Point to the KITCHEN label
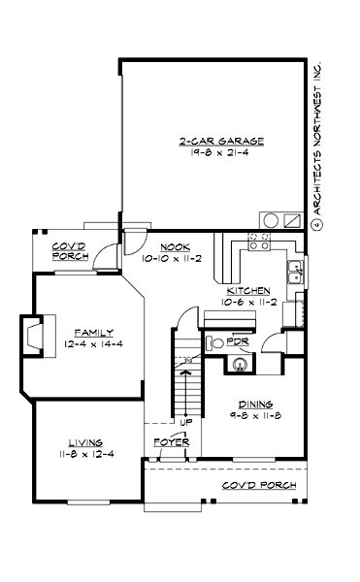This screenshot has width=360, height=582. click(x=246, y=291)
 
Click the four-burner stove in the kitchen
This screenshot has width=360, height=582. click(x=260, y=242)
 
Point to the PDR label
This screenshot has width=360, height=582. click(x=237, y=342)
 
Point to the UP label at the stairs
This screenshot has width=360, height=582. click(x=183, y=423)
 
